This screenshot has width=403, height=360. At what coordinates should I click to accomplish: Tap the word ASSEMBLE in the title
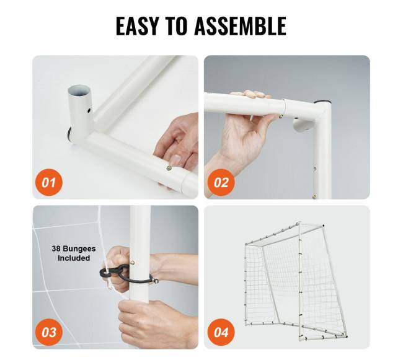(x=241, y=25)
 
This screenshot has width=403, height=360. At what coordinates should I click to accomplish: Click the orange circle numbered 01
(x=48, y=183)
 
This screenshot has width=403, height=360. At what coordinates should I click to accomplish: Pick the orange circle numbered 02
(x=221, y=183)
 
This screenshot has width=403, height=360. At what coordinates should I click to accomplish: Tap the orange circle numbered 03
(x=48, y=332)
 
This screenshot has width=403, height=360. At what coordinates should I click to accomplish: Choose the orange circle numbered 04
(x=221, y=332)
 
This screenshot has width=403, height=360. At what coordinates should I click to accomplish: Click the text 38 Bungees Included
(x=74, y=253)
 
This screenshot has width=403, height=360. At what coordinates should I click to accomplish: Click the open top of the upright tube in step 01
(x=79, y=90)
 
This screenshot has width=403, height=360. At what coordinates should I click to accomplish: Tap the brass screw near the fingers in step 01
(x=169, y=168)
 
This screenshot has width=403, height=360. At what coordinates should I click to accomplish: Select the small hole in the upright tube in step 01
(x=89, y=111)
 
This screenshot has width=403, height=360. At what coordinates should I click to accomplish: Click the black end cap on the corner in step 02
(x=322, y=102)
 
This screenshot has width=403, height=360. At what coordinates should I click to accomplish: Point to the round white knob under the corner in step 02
(x=303, y=125)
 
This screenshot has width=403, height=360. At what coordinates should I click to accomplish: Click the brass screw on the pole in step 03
(x=133, y=263)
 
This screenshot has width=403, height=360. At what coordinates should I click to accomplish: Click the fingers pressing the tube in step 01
(x=177, y=144)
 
